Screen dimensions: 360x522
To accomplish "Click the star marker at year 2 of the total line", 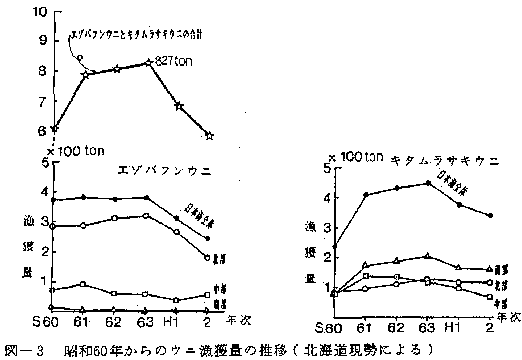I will (208, 135).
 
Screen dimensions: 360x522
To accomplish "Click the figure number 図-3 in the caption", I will (22, 349).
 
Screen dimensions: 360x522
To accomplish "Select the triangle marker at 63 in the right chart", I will (427, 257).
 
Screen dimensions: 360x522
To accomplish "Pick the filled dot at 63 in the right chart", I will (427, 183).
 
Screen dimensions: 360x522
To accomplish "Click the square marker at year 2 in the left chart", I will (207, 295).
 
